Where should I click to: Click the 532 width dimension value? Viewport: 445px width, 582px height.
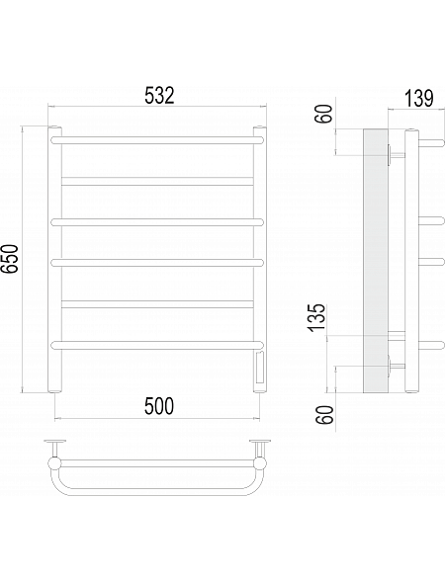(159, 96)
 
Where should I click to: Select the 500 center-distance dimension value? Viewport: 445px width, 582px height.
(159, 406)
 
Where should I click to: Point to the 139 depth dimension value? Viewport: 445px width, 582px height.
(418, 99)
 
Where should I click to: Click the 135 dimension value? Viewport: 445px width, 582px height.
(316, 318)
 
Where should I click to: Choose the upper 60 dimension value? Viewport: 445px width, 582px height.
(323, 114)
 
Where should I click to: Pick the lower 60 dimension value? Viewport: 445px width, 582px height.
(323, 414)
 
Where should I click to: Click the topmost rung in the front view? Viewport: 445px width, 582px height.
(157, 140)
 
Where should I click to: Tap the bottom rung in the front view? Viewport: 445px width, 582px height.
(157, 345)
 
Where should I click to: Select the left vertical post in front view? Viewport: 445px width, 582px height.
(54, 260)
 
